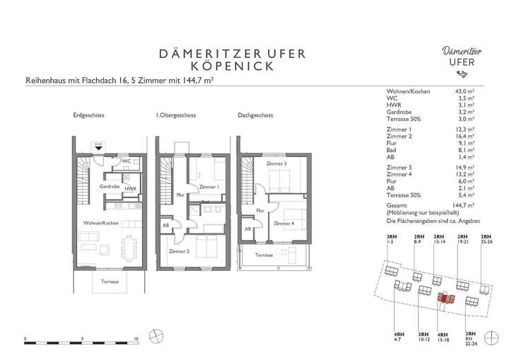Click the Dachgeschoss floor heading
(254, 115)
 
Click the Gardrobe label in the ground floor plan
(110, 187)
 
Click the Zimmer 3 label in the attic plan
(277, 164)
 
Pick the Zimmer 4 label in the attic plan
(284, 224)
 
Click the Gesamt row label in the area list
(397, 204)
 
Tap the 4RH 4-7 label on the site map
(399, 336)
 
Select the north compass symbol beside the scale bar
(156, 335)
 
